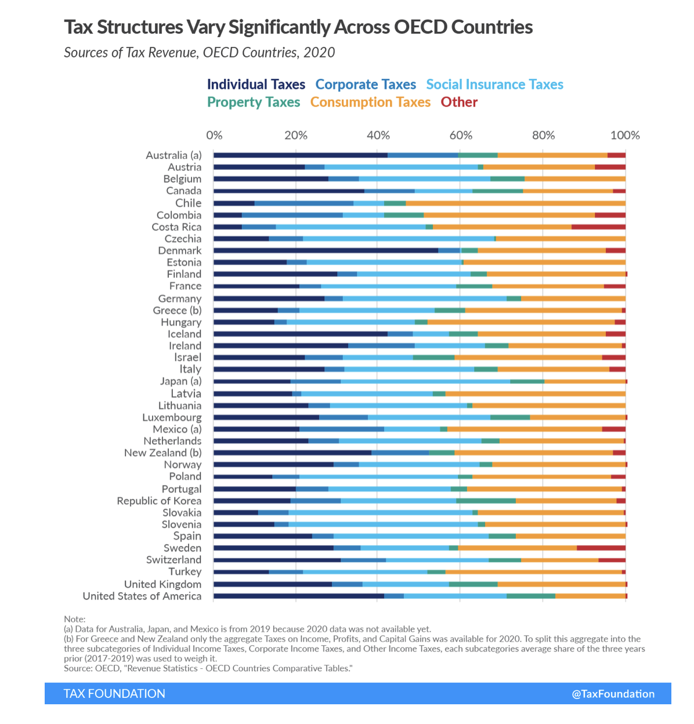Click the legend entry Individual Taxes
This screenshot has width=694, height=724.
[x=256, y=85]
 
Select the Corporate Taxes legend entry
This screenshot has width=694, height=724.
[x=366, y=85]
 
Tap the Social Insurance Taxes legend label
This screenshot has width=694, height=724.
[x=494, y=85]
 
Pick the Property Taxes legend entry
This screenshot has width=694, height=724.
[x=254, y=102]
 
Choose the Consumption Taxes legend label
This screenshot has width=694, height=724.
[x=370, y=102]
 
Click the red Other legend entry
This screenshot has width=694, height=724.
[x=459, y=102]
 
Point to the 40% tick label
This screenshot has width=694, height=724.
[x=378, y=135]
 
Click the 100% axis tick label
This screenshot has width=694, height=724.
[x=625, y=135]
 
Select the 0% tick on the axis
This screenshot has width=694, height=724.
[x=214, y=135]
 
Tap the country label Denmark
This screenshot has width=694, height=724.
[x=180, y=251]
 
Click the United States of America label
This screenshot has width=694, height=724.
[x=142, y=596]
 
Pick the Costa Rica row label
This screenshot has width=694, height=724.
[x=176, y=227]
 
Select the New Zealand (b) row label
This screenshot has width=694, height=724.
[x=163, y=453]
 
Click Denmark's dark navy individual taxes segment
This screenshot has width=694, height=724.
[x=326, y=251]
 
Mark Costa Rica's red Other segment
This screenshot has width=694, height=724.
[x=598, y=227]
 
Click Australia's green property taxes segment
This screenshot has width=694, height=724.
[x=478, y=155]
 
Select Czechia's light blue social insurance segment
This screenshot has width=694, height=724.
[x=398, y=238]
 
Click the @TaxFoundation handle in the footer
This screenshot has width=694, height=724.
[x=613, y=694]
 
